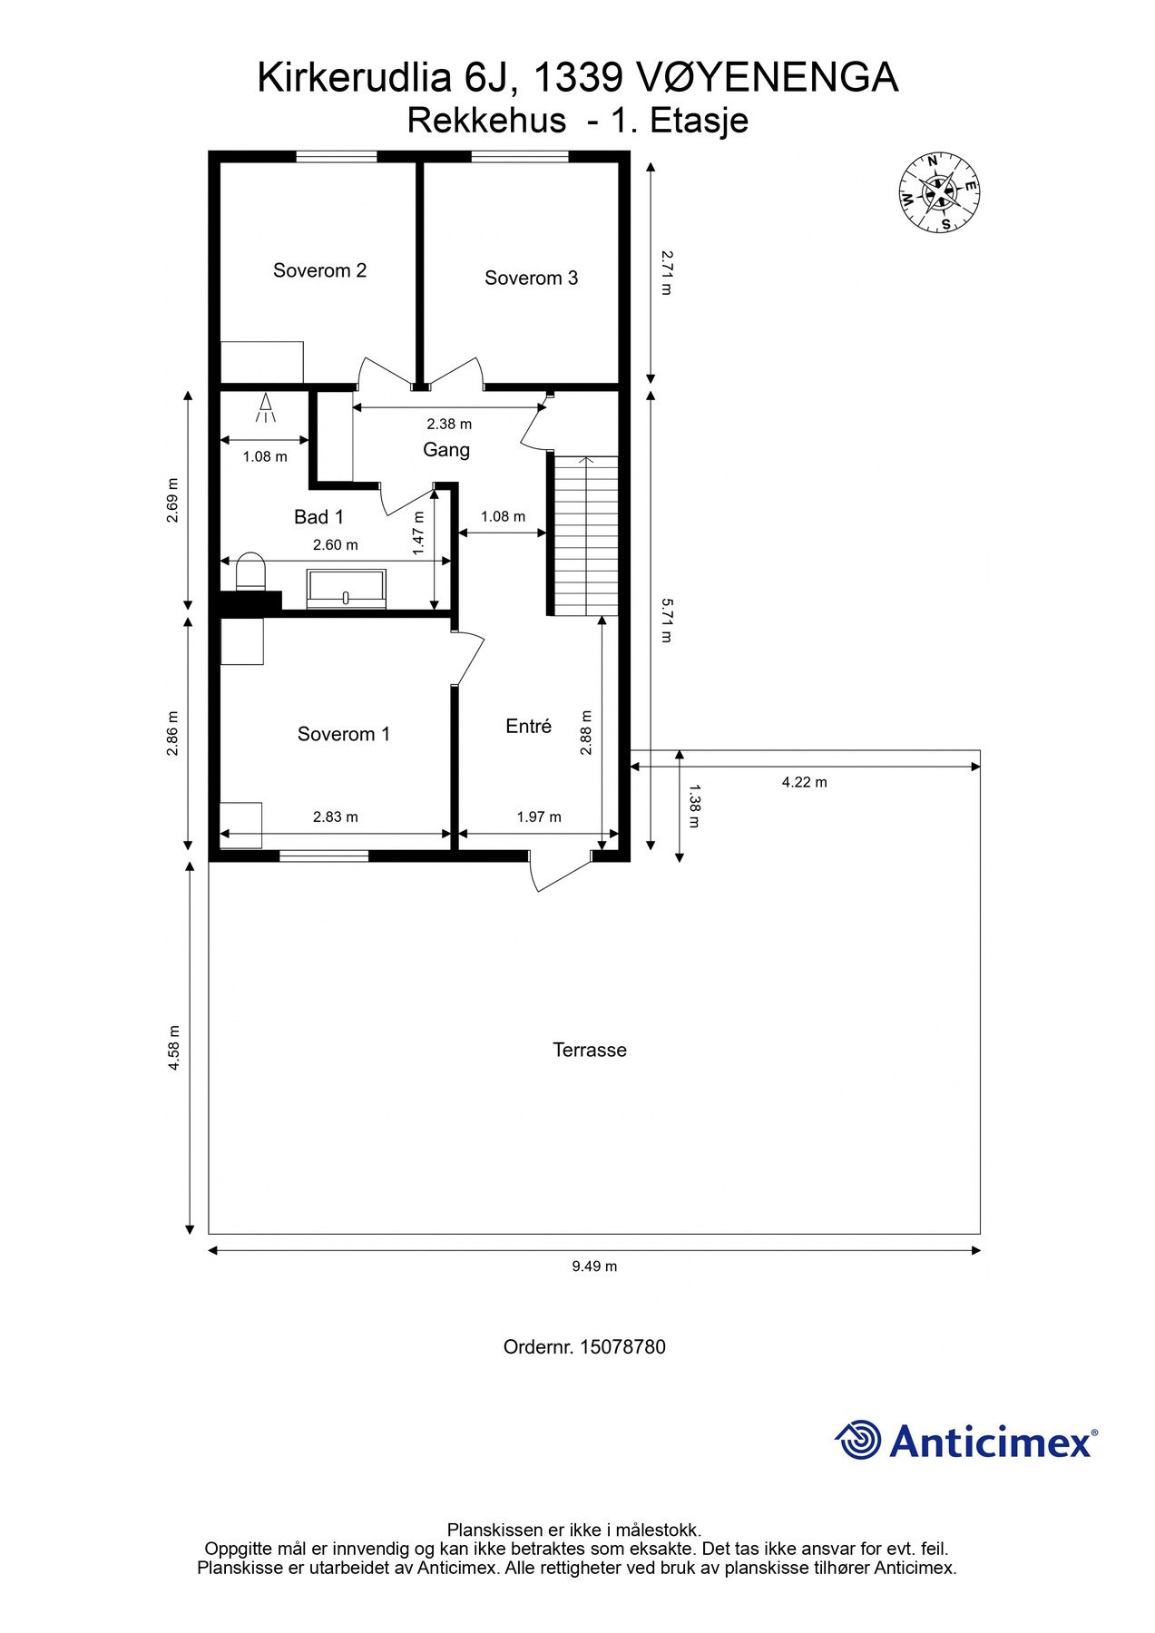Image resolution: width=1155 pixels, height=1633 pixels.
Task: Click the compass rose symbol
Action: click(938, 191)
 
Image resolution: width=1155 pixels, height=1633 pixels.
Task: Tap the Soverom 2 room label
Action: click(319, 270)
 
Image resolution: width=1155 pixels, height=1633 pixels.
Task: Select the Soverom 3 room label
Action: click(531, 279)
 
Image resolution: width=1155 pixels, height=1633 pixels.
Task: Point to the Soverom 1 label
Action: click(344, 734)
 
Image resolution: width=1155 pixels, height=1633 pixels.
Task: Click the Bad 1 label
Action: click(318, 517)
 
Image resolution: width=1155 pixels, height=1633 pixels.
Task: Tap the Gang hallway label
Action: click(446, 450)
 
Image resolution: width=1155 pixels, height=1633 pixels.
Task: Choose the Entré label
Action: click(528, 726)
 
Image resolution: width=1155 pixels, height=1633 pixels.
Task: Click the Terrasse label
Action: click(590, 1050)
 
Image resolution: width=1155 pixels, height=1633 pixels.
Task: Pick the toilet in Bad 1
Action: click(250, 572)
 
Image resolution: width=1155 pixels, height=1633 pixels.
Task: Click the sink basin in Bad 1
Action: click(346, 587)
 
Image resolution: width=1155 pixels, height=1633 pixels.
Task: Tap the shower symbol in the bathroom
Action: click(266, 407)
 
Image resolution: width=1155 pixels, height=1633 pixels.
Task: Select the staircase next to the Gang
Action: click(586, 535)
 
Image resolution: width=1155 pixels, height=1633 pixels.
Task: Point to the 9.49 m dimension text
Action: click(594, 1266)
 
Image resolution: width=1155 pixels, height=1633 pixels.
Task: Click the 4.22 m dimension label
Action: click(805, 782)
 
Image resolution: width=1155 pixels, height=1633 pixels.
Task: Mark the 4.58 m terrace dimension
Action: click(173, 1048)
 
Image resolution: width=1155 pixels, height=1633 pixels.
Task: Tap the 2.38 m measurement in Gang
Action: click(449, 424)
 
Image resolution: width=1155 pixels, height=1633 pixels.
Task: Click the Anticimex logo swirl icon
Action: click(858, 1440)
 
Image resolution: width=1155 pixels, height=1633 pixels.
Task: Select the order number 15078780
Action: click(622, 1347)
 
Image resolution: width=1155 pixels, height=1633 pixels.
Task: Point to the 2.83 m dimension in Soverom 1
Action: click(336, 816)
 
